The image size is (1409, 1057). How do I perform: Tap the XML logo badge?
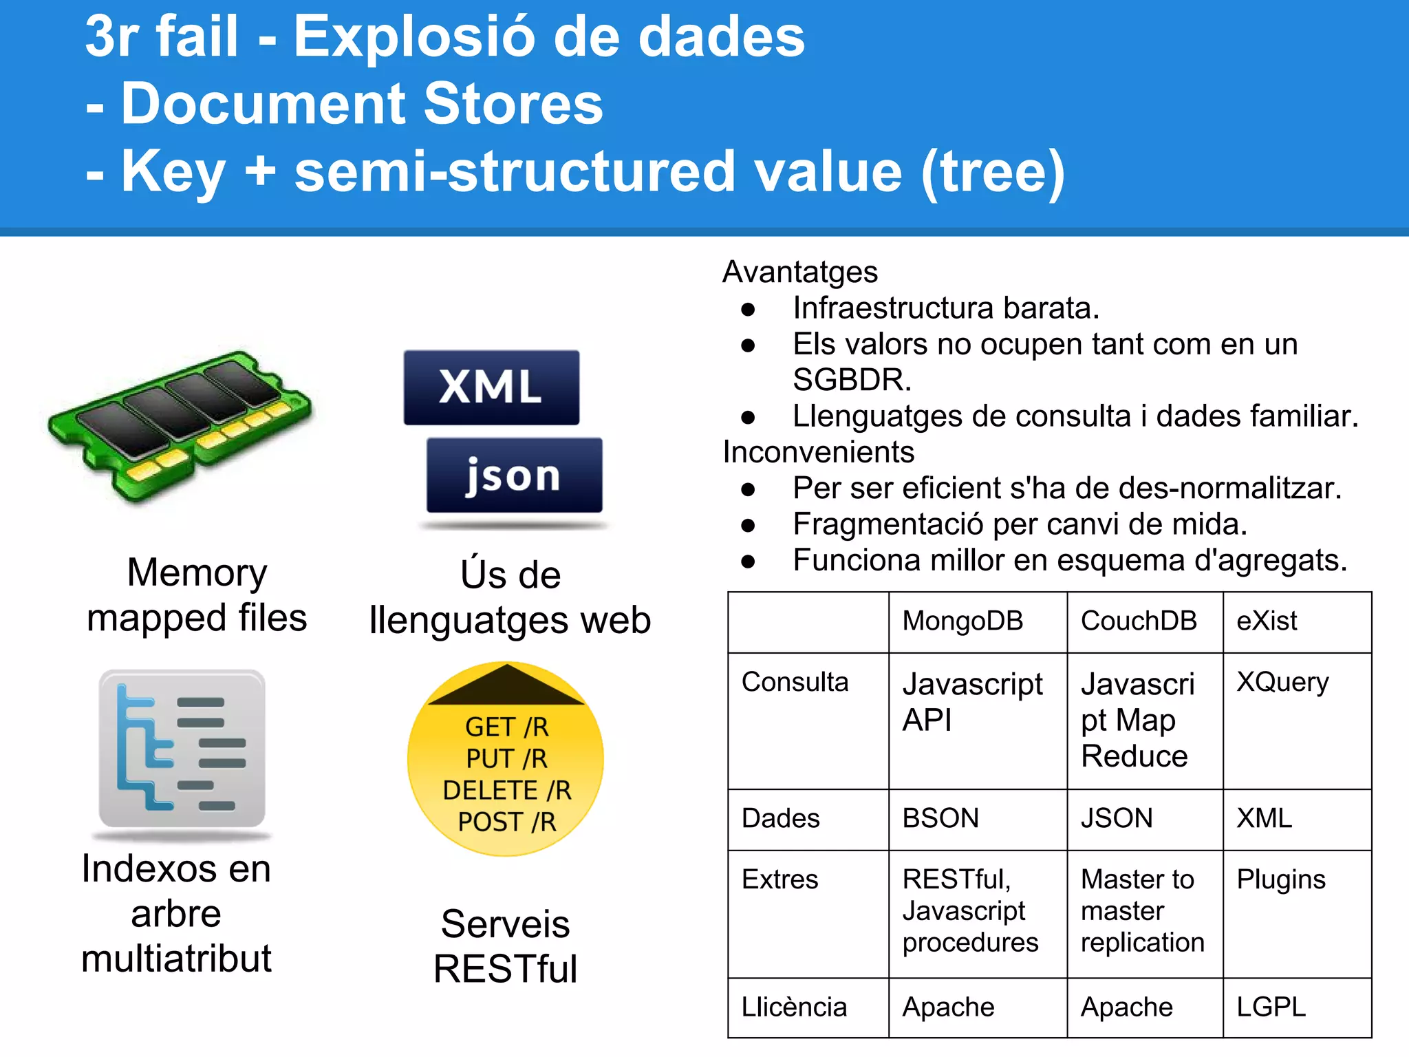(491, 387)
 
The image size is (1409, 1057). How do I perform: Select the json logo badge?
(514, 476)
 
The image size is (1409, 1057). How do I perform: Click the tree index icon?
(182, 749)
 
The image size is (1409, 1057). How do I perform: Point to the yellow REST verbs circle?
(506, 760)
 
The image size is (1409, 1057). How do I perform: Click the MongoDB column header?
(962, 621)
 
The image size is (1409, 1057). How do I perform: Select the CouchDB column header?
(1139, 621)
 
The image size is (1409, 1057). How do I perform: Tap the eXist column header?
(1267, 621)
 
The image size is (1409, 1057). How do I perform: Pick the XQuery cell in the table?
(1282, 682)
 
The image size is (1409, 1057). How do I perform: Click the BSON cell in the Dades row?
(940, 818)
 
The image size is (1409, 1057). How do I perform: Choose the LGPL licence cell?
(1271, 1007)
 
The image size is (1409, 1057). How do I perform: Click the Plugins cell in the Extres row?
(1281, 879)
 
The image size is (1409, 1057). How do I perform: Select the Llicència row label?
(794, 1007)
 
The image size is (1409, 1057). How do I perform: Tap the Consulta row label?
(795, 682)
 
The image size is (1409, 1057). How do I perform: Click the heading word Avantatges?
(800, 272)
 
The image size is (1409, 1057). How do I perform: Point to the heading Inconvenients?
(819, 452)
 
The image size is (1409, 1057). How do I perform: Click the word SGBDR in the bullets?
(852, 380)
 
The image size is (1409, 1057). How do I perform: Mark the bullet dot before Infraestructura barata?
(749, 309)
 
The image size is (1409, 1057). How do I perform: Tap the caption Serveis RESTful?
(506, 946)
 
